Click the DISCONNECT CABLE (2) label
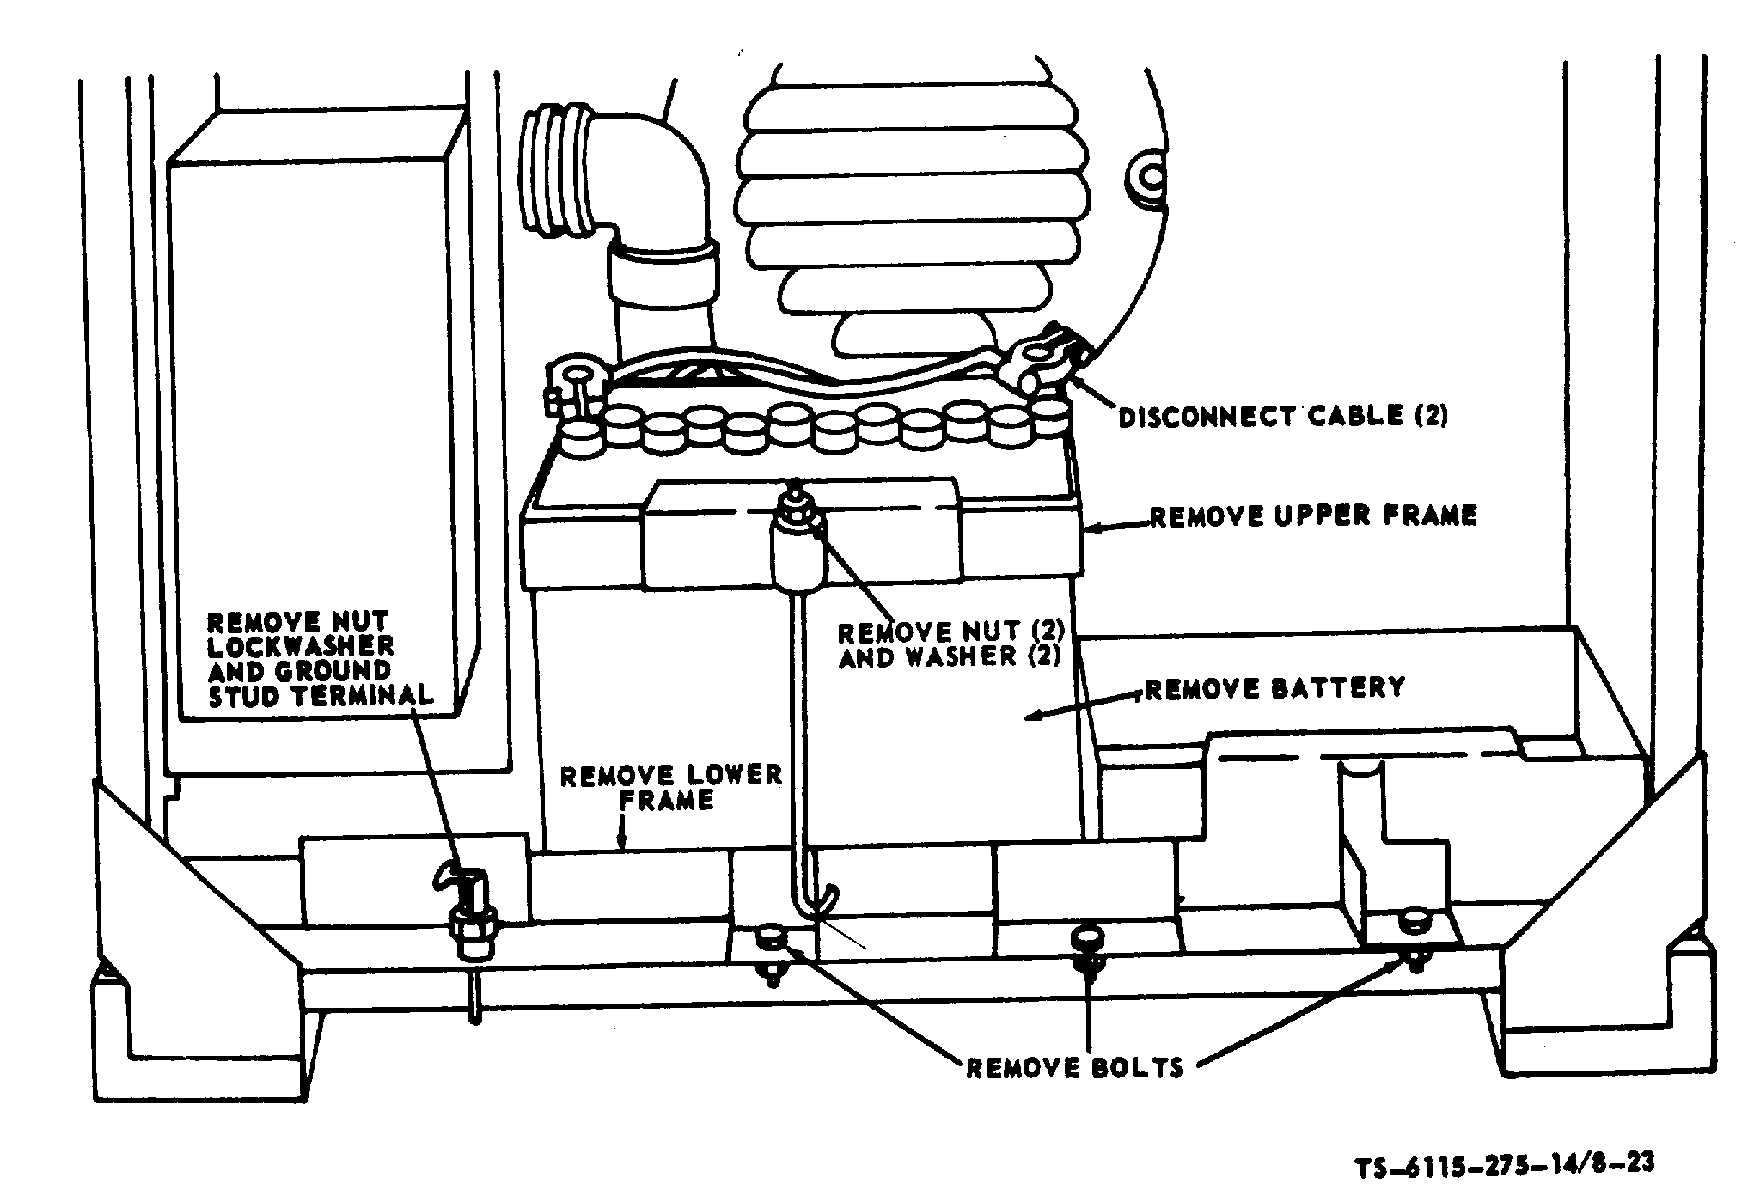[1283, 418]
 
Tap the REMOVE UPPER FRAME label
[1313, 516]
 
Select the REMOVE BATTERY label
[1275, 688]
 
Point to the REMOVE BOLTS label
[1076, 1068]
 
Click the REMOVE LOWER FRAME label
[670, 787]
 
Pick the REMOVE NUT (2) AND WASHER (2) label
[951, 644]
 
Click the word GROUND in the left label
[334, 670]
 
